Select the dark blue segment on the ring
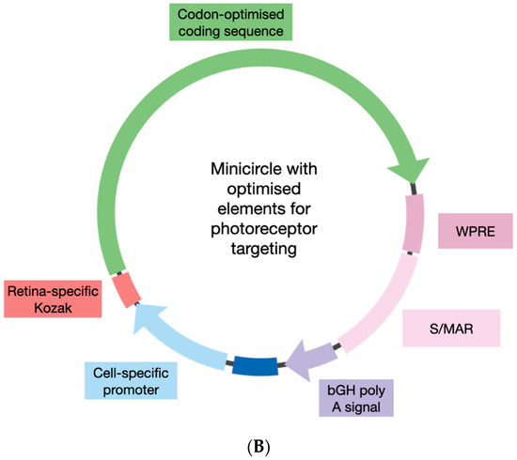tap(254, 367)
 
